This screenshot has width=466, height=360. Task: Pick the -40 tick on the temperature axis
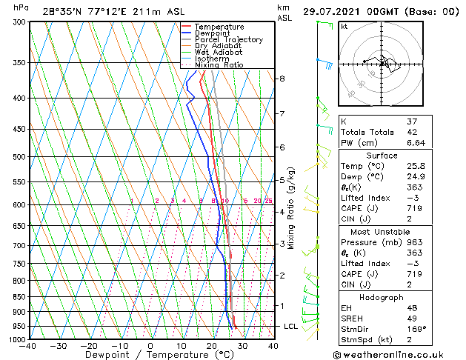tap(29, 345)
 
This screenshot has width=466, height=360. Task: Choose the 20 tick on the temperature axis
tap(212, 345)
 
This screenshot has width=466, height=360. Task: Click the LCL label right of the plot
tap(291, 326)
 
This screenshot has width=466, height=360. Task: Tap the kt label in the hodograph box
tap(344, 26)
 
